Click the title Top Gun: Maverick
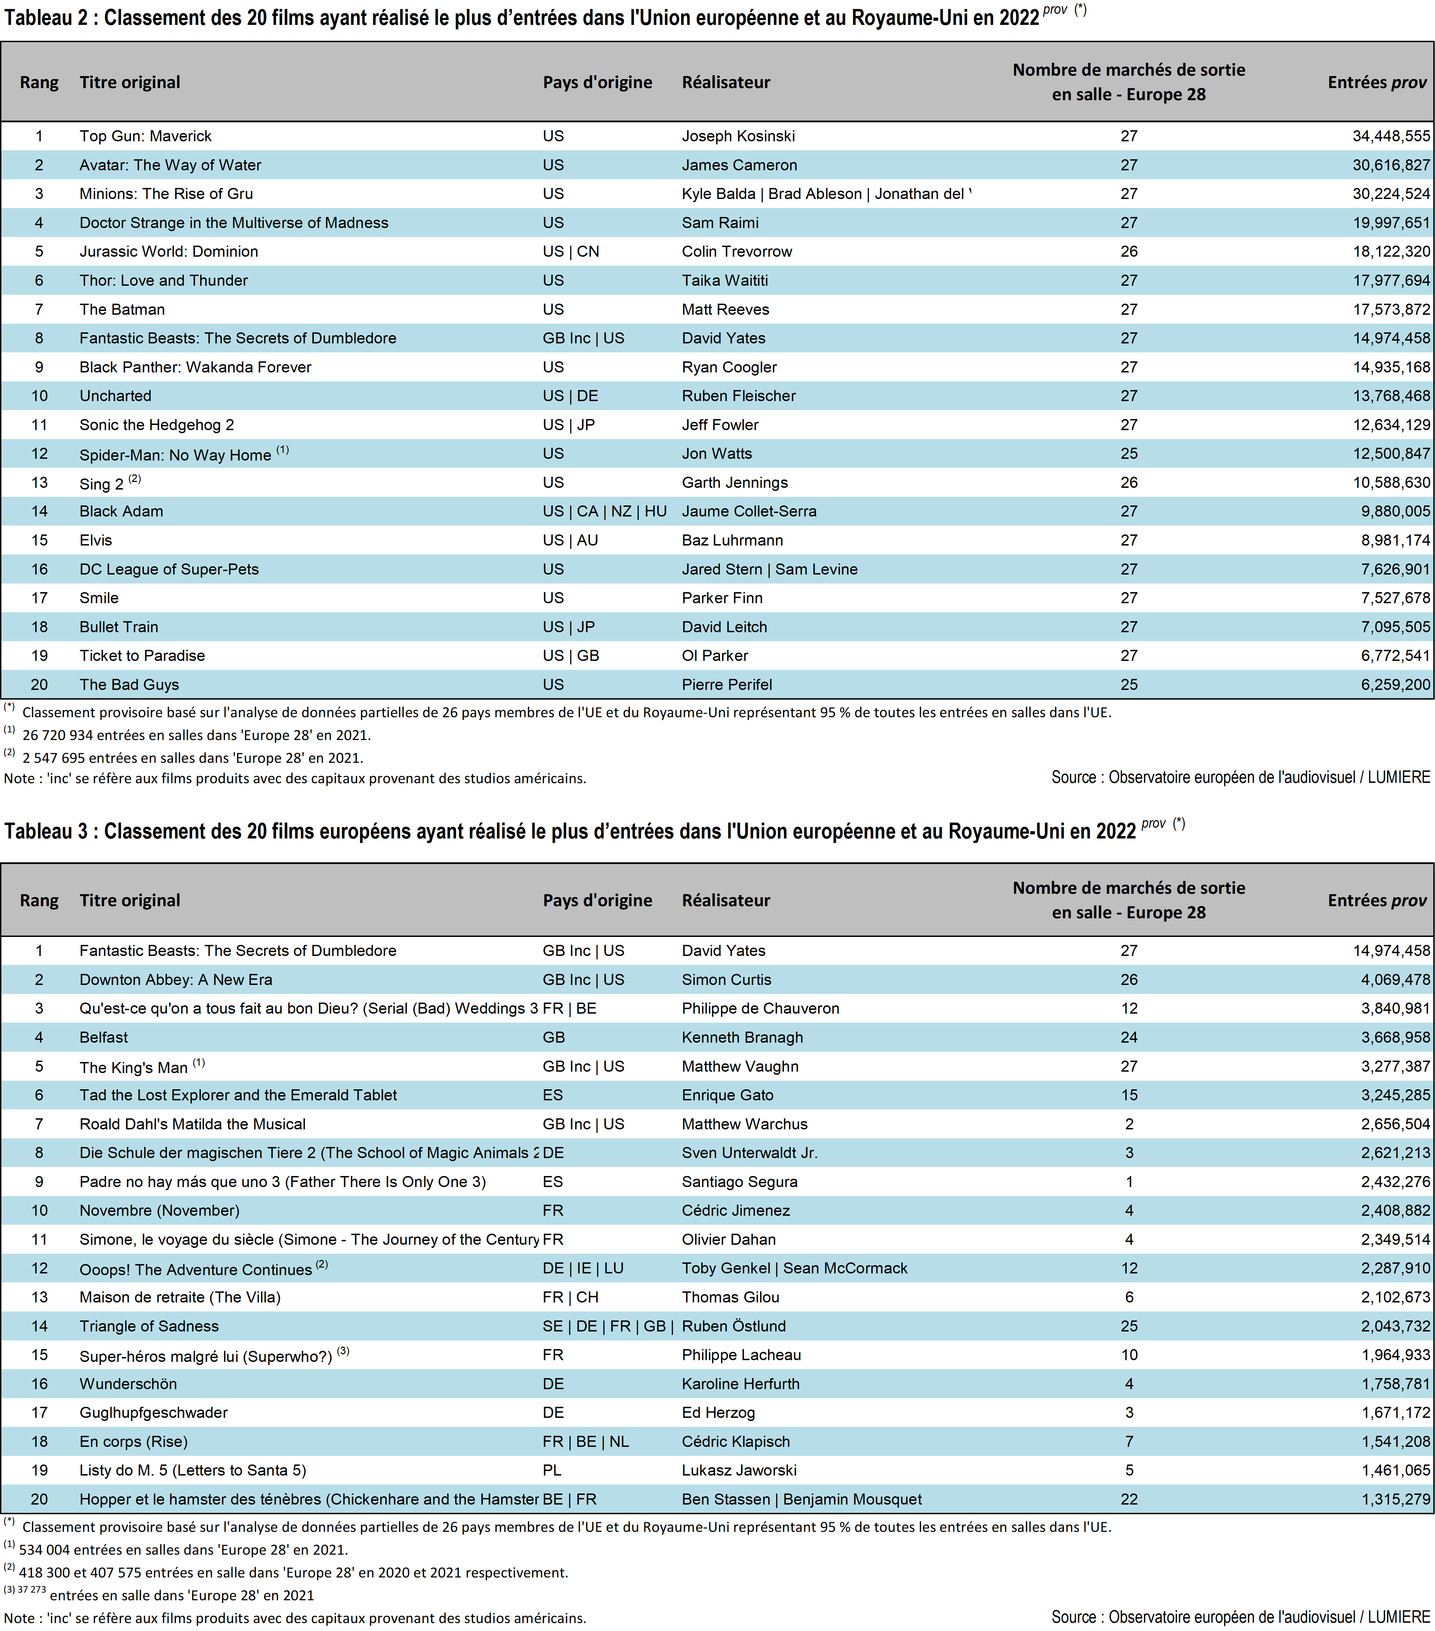pyautogui.click(x=145, y=136)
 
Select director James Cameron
pyautogui.click(x=739, y=165)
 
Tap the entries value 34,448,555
pyautogui.click(x=1390, y=136)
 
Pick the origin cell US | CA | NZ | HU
pyautogui.click(x=604, y=512)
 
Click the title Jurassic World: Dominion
pyautogui.click(x=168, y=252)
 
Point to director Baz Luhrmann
pyautogui.click(x=732, y=540)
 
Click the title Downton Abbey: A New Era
pyautogui.click(x=176, y=980)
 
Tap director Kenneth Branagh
pyautogui.click(x=742, y=1037)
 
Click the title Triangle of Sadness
pyautogui.click(x=149, y=1326)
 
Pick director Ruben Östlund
pyautogui.click(x=733, y=1326)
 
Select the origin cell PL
pyautogui.click(x=552, y=1470)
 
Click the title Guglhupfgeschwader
pyautogui.click(x=153, y=1412)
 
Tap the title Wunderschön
pyautogui.click(x=128, y=1384)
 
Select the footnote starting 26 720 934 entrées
pyautogui.click(x=196, y=735)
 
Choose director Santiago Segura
pyautogui.click(x=739, y=1182)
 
